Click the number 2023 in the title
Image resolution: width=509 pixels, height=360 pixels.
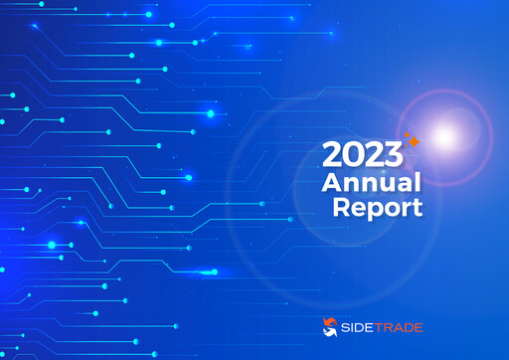[x=362, y=156]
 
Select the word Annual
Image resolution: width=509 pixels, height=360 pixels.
[x=371, y=183]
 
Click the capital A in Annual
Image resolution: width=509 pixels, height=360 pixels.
[x=332, y=183]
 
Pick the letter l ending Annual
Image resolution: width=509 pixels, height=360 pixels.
[x=419, y=182]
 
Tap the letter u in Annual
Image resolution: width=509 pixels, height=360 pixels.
[x=386, y=185]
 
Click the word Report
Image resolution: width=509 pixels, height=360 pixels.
[x=377, y=208]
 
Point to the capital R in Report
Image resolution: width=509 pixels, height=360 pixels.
[x=342, y=207]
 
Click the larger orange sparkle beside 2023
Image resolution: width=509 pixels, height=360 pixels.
[x=413, y=143]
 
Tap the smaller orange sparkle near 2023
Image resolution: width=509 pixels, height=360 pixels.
[x=405, y=133]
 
